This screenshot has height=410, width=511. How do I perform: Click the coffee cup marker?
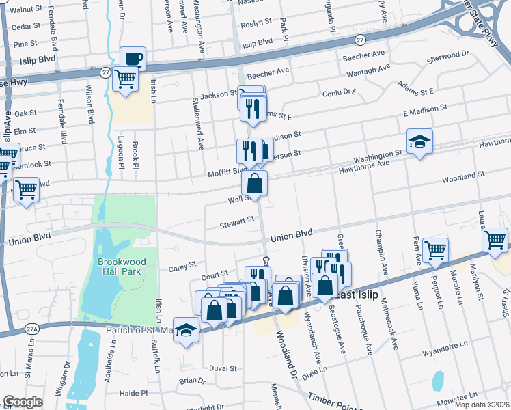(x=133, y=59)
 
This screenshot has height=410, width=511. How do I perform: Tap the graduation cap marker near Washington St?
(x=419, y=141)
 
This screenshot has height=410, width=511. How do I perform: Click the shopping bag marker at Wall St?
(x=254, y=183)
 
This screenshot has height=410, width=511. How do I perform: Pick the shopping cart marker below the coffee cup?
(x=126, y=79)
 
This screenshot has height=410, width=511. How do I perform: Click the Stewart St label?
(x=236, y=221)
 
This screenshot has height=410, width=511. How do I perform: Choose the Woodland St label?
(x=462, y=175)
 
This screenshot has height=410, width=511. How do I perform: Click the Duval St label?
(x=223, y=368)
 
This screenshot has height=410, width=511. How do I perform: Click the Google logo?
(x=23, y=401)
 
